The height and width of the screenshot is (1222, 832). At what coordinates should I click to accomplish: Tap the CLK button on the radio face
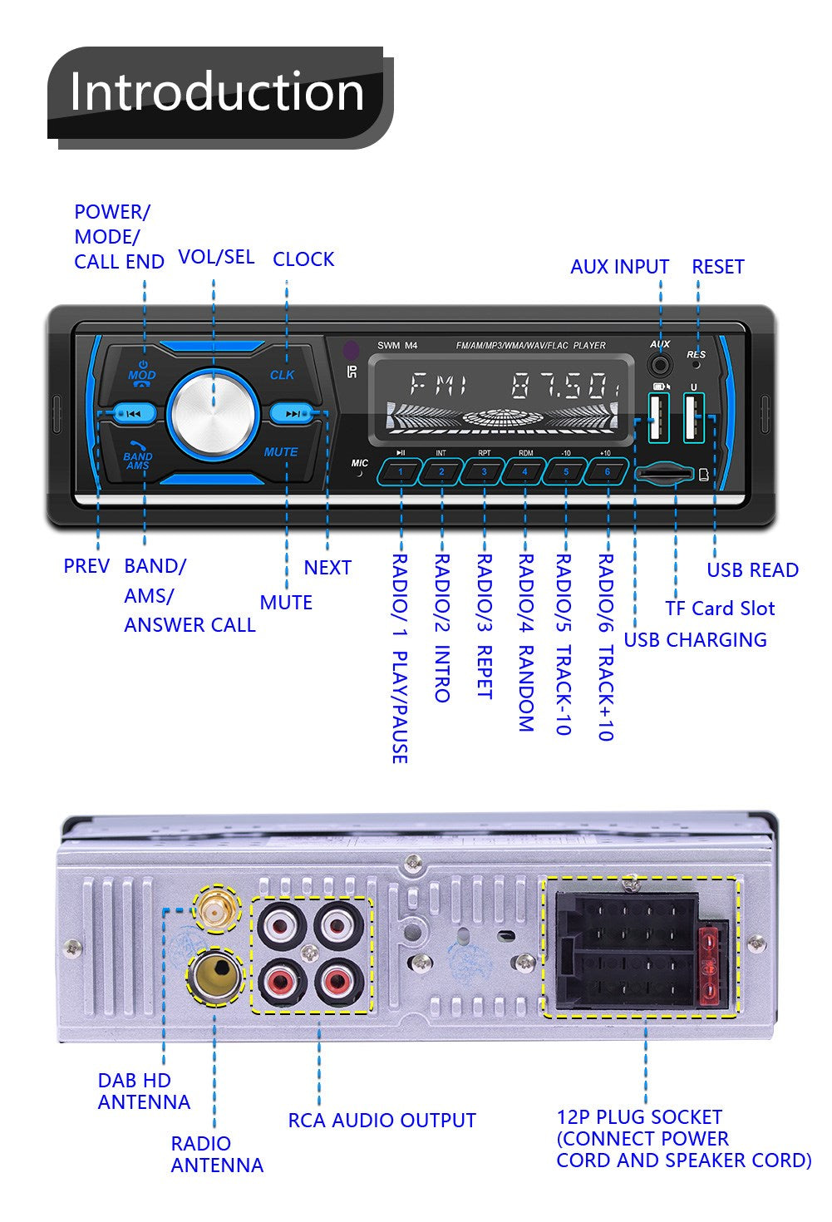pos(283,374)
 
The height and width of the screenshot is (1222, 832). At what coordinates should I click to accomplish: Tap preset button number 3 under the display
pos(484,472)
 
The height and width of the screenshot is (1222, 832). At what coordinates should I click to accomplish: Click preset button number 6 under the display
pos(607,472)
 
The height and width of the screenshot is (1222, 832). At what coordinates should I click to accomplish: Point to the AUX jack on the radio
pos(661,364)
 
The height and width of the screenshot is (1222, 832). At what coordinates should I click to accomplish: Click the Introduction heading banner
pos(218,91)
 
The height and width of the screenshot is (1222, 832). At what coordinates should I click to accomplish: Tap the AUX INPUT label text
pos(619,267)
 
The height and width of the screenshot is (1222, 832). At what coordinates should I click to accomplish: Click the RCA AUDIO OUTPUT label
pos(382,1120)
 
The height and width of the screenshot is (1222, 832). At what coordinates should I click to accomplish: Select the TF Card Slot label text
pos(720,609)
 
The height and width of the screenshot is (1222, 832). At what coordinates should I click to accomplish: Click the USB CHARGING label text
pos(695,639)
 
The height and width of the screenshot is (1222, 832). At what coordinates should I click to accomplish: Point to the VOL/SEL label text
pos(216,257)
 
